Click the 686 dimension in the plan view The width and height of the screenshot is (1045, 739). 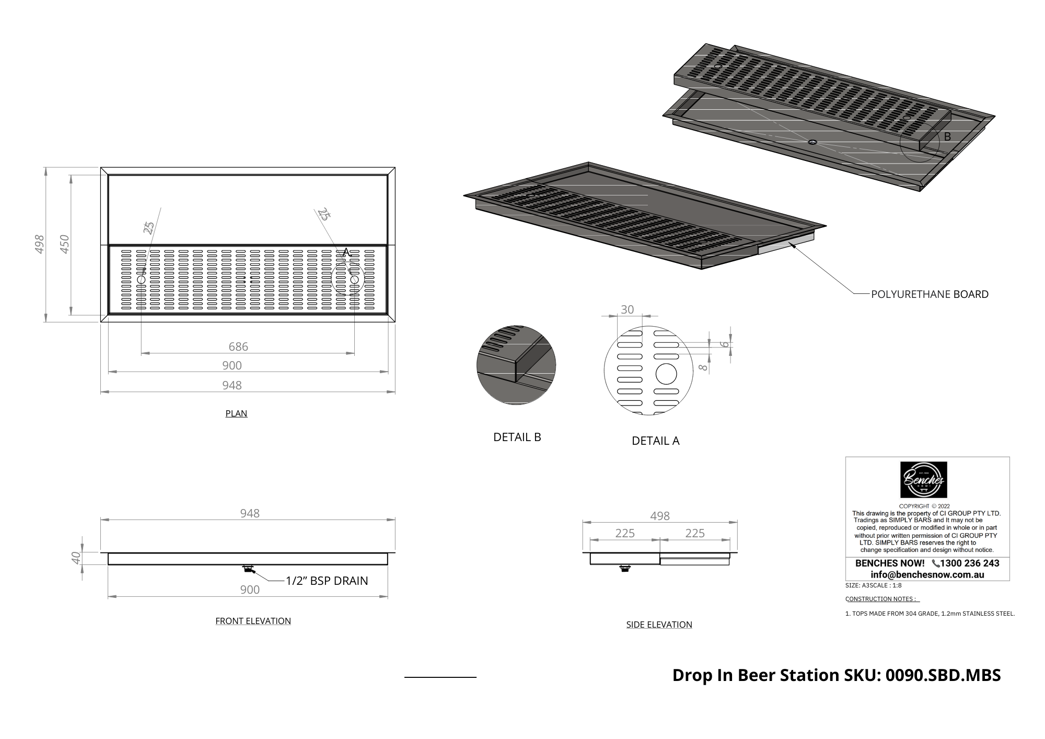point(238,347)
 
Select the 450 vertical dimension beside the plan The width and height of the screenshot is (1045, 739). point(65,244)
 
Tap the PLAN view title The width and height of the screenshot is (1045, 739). point(236,413)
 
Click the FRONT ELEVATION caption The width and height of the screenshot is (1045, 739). point(253,621)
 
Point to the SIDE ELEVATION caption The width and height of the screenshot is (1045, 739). point(659,625)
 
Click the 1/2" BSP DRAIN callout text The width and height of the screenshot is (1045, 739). point(327,581)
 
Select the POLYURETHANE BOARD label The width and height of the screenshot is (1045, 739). point(930,294)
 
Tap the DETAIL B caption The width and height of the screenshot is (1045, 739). point(517,437)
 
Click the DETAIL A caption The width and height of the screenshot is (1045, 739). point(655,441)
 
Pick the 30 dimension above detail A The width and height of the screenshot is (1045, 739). point(627,309)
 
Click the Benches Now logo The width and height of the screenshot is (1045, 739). point(924,480)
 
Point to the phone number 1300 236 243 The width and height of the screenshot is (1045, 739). point(969,563)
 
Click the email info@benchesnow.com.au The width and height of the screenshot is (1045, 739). point(927,575)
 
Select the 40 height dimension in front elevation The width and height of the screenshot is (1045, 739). point(76,558)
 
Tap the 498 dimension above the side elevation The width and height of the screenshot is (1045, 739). point(660,516)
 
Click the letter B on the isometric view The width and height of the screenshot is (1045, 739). point(947,136)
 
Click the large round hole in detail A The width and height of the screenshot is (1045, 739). point(666,374)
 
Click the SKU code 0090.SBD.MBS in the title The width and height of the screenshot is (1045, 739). point(943,675)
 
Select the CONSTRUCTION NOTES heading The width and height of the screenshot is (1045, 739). point(882,599)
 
